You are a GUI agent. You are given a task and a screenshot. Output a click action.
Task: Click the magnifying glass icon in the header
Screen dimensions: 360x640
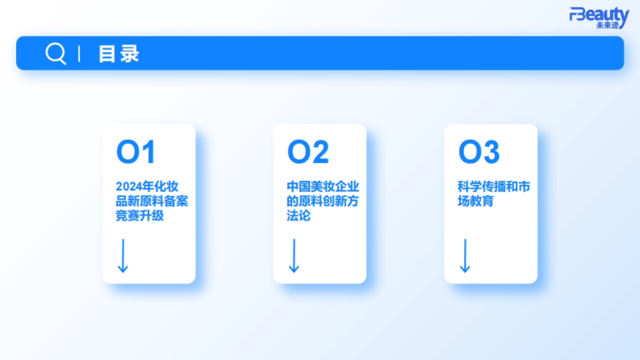[x=55, y=53]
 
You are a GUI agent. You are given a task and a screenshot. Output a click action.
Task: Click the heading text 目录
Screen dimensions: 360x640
[x=118, y=54]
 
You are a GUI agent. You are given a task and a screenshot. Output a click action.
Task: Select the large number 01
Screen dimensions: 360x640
[x=135, y=153]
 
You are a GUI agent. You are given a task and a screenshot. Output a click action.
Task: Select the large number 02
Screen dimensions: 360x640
[x=308, y=153]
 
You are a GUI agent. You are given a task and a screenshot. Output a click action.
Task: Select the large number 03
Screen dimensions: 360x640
[x=479, y=153]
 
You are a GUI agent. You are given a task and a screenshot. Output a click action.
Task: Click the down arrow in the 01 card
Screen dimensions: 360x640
[x=123, y=256]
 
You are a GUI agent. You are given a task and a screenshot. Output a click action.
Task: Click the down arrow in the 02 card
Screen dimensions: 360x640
[x=293, y=256]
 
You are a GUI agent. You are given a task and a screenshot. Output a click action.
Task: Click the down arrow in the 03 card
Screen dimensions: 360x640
[x=465, y=256]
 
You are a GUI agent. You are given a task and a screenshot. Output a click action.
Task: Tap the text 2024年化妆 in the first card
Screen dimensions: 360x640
[x=147, y=187]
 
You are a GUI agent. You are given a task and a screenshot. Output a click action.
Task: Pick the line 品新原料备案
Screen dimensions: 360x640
[x=152, y=202]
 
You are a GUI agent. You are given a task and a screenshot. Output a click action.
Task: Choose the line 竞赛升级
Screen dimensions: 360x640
[x=140, y=216]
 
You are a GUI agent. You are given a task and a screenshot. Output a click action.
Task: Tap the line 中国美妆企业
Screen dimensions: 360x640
[x=323, y=187]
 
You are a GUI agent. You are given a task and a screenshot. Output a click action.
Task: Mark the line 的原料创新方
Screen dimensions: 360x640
[x=323, y=202]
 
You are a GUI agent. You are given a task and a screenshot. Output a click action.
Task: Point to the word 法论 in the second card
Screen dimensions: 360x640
[x=299, y=216]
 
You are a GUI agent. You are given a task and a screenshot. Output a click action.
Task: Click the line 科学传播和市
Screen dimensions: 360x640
[x=494, y=187]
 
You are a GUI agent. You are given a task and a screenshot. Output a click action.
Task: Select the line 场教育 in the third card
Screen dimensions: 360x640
[x=476, y=202]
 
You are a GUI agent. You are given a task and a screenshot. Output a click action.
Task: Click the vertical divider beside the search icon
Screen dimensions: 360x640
[x=79, y=54]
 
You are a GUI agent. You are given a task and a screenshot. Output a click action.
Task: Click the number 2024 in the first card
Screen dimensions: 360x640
[x=127, y=187]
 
